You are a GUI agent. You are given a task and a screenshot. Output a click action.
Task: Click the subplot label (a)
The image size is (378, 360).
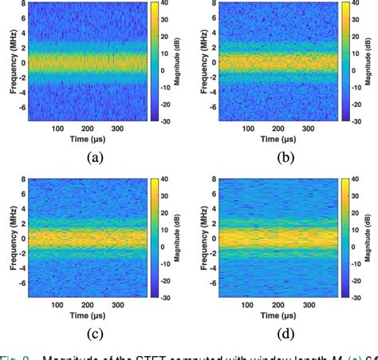tap(96, 157)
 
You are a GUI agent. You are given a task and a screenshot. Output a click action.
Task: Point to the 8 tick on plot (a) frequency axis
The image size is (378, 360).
tap(24, 4)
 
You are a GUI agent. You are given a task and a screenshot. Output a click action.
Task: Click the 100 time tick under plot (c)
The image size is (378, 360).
tap(57, 304)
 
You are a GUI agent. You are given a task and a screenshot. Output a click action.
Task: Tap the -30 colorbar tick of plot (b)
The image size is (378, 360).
tap(348, 120)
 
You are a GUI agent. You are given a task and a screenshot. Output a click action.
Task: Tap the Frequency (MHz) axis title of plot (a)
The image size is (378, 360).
tap(10, 62)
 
